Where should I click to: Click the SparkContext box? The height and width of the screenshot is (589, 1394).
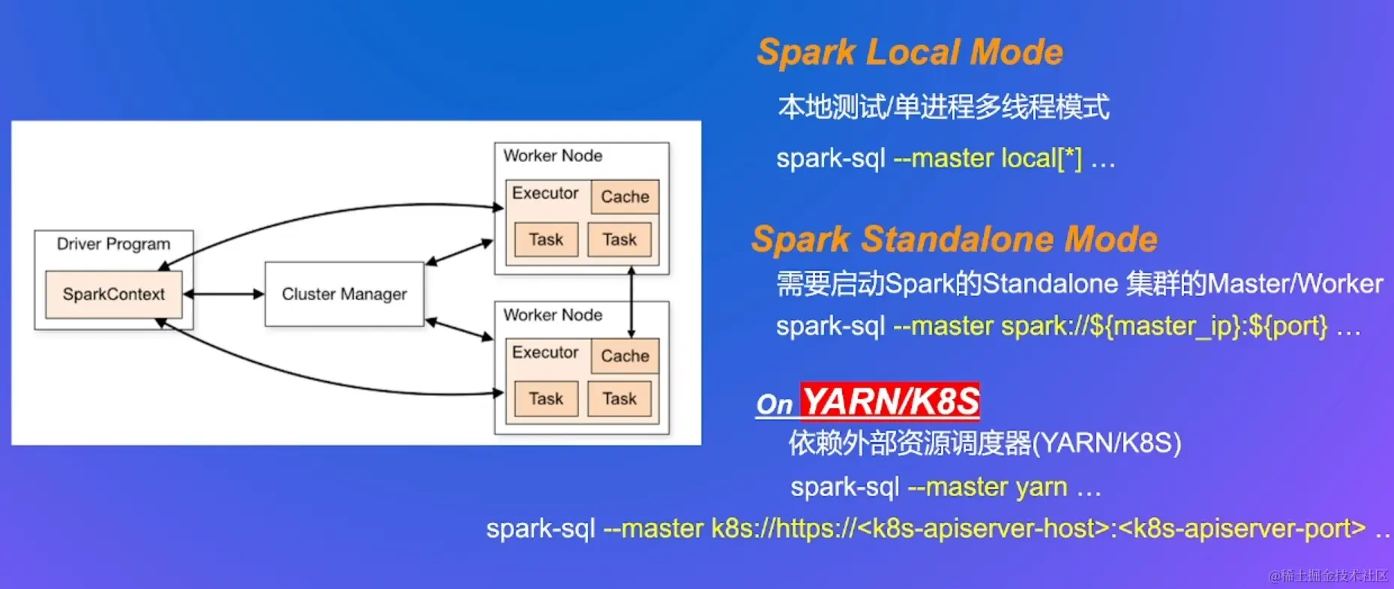click(x=113, y=294)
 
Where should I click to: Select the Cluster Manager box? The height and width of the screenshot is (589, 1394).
click(x=344, y=294)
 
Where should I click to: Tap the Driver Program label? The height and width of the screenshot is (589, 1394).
click(x=113, y=244)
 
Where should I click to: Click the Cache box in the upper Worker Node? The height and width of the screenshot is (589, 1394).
click(x=625, y=197)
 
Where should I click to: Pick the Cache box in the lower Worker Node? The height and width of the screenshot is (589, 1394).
click(x=625, y=356)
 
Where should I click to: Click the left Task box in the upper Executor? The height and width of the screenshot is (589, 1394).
click(x=546, y=239)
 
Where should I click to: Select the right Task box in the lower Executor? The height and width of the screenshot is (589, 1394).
click(x=619, y=398)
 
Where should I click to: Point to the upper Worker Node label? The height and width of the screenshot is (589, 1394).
click(x=553, y=155)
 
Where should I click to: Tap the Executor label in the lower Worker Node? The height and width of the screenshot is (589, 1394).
click(x=545, y=352)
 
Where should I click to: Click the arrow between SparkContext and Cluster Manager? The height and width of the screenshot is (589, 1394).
click(x=223, y=294)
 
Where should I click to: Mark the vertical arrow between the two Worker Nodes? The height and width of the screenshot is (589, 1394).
click(x=631, y=302)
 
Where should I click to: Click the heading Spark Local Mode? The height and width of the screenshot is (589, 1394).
click(x=910, y=53)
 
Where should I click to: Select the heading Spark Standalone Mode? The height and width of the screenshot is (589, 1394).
click(x=955, y=239)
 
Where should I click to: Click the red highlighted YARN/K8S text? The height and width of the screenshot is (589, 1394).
click(x=890, y=401)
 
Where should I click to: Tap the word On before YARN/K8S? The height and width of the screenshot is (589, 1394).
click(x=774, y=404)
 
